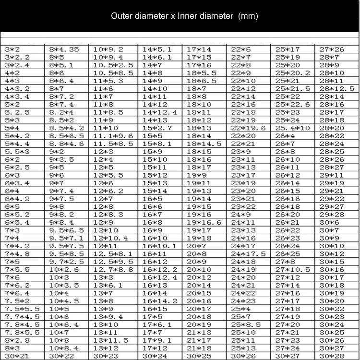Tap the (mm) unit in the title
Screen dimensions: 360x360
pos(248,16)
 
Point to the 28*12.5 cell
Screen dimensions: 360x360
pos(336,89)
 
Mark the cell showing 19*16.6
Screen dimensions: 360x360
pos(204,223)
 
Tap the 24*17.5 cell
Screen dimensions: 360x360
pos(248,254)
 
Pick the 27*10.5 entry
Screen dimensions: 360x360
pos(292,270)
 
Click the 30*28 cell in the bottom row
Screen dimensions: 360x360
pos(331,356)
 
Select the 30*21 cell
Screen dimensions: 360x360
pos(17,356)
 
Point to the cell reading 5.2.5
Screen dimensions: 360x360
pos(17,112)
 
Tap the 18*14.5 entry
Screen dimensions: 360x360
pos(204,144)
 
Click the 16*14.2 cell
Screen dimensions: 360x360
pos(160,301)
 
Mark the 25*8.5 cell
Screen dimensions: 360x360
pos(246,325)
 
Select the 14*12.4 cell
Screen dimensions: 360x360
pos(160,112)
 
